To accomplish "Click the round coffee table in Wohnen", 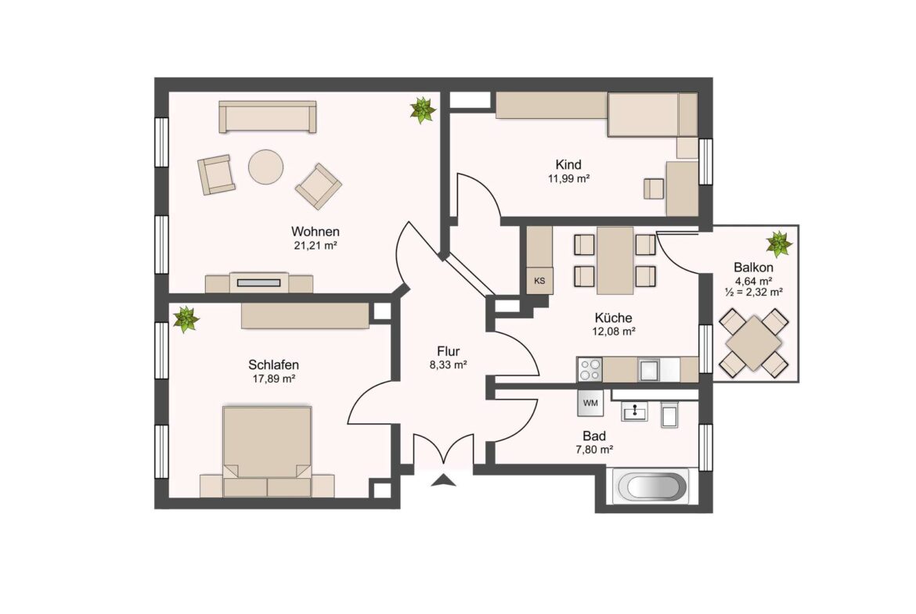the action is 266,167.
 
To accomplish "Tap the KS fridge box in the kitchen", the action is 539,281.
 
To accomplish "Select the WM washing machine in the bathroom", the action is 590,403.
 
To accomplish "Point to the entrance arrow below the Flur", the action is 443,480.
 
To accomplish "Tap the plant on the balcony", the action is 779,244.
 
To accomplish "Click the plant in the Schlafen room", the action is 186,319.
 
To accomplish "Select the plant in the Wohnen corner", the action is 422,110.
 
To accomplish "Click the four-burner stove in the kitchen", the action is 590,369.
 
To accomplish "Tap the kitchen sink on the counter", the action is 650,369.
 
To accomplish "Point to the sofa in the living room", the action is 268,117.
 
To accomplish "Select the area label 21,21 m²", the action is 316,246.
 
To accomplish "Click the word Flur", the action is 448,351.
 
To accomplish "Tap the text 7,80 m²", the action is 593,450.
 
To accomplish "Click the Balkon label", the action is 754,268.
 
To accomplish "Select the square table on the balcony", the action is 754,343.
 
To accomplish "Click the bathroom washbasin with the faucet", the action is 634,411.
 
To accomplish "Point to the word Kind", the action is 568,164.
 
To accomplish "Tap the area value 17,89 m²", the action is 273,379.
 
